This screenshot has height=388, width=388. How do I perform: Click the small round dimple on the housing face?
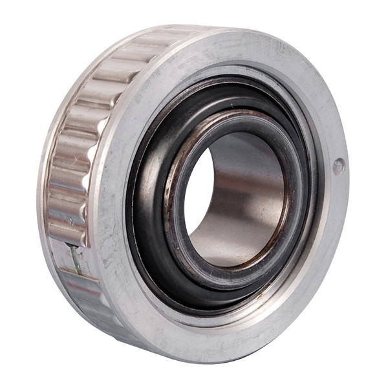click(x=338, y=166)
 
